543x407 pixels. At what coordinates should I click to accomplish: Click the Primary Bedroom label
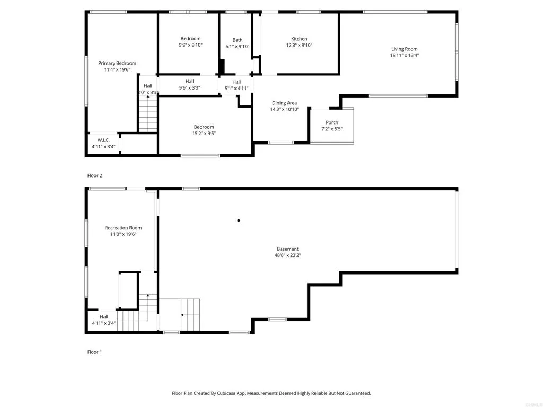117,63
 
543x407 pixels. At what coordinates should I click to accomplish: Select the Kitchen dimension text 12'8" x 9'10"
299,46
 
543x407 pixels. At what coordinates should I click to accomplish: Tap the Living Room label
404,49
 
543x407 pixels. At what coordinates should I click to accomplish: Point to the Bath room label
237,40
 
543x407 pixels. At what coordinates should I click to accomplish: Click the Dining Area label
284,103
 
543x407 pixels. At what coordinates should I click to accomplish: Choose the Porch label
332,122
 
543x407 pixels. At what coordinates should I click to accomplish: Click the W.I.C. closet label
103,140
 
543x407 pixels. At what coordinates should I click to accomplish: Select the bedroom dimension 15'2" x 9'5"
204,134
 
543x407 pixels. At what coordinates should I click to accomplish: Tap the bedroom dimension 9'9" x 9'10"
190,45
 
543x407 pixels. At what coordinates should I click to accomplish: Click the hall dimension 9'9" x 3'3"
189,88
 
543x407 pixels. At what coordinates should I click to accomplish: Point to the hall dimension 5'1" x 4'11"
237,89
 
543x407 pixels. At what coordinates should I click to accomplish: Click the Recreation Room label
123,228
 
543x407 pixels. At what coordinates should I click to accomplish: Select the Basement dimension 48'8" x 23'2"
287,255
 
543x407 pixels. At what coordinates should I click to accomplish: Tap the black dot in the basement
239,220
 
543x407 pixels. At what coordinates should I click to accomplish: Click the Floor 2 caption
94,175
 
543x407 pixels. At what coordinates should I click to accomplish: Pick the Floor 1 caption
94,352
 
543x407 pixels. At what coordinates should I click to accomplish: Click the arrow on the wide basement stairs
183,315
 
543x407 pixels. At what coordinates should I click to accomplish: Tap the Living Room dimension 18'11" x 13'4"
404,55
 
